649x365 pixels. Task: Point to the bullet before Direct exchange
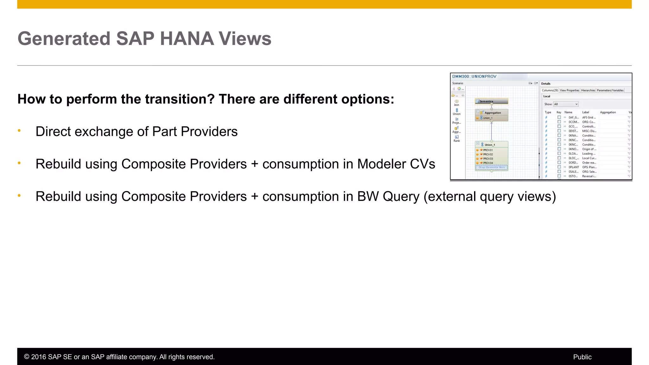[19, 131]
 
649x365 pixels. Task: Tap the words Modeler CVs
[396, 164]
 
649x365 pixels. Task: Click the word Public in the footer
[582, 357]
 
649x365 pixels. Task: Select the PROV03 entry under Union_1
[488, 159]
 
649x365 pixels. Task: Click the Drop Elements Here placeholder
[492, 167]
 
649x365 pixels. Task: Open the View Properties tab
[569, 90]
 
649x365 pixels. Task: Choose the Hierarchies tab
[588, 90]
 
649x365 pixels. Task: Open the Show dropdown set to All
[566, 104]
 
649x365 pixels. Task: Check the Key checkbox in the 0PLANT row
[559, 167]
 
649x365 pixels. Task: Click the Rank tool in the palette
[457, 138]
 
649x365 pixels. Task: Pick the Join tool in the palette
[457, 103]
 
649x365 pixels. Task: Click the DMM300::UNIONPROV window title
[474, 76]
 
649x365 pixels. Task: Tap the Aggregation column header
[608, 112]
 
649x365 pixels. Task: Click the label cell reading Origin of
[589, 149]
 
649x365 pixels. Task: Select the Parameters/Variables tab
[610, 90]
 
